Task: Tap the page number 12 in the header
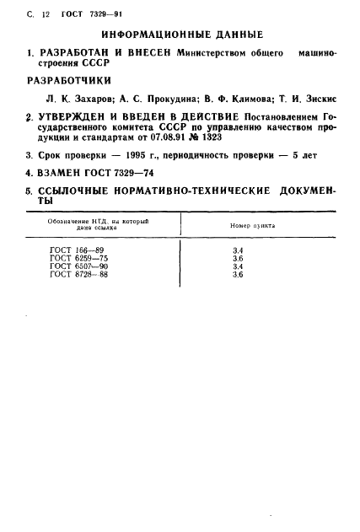tap(35, 10)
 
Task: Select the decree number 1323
tap(257, 138)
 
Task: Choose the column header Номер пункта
tap(252, 227)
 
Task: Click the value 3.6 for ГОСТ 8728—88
tap(238, 275)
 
